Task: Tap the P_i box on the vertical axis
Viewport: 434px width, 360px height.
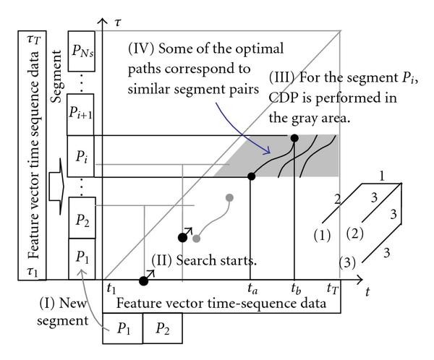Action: [x=83, y=155]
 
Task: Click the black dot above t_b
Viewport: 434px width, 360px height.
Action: [x=294, y=137]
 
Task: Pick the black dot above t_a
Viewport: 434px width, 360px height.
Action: [x=250, y=176]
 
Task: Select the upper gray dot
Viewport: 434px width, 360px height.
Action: [x=230, y=197]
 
